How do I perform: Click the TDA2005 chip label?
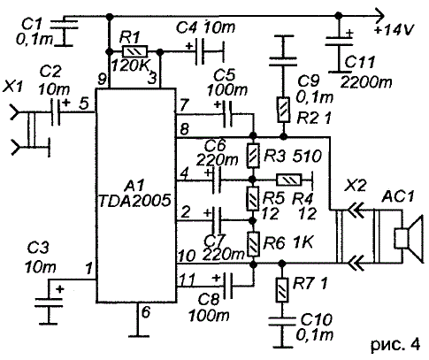click(x=134, y=201)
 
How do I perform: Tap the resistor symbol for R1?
click(x=134, y=52)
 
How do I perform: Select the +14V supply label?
click(x=395, y=30)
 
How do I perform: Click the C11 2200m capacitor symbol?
click(x=339, y=42)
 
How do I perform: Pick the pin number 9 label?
click(x=102, y=79)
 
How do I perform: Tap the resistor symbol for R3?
click(x=253, y=156)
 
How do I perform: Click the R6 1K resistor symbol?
click(x=253, y=244)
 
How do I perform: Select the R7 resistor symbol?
click(x=282, y=290)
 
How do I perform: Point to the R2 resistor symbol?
click(x=283, y=110)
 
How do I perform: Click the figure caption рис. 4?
click(x=395, y=345)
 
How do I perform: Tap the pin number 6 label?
click(x=146, y=312)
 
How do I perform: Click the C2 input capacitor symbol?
click(x=56, y=112)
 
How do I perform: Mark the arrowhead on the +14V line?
click(x=379, y=16)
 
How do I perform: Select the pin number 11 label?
click(x=187, y=280)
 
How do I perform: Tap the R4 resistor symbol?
click(x=289, y=180)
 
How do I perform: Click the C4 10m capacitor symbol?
click(x=200, y=52)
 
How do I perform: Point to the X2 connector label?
click(x=357, y=186)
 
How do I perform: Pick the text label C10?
click(x=317, y=319)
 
